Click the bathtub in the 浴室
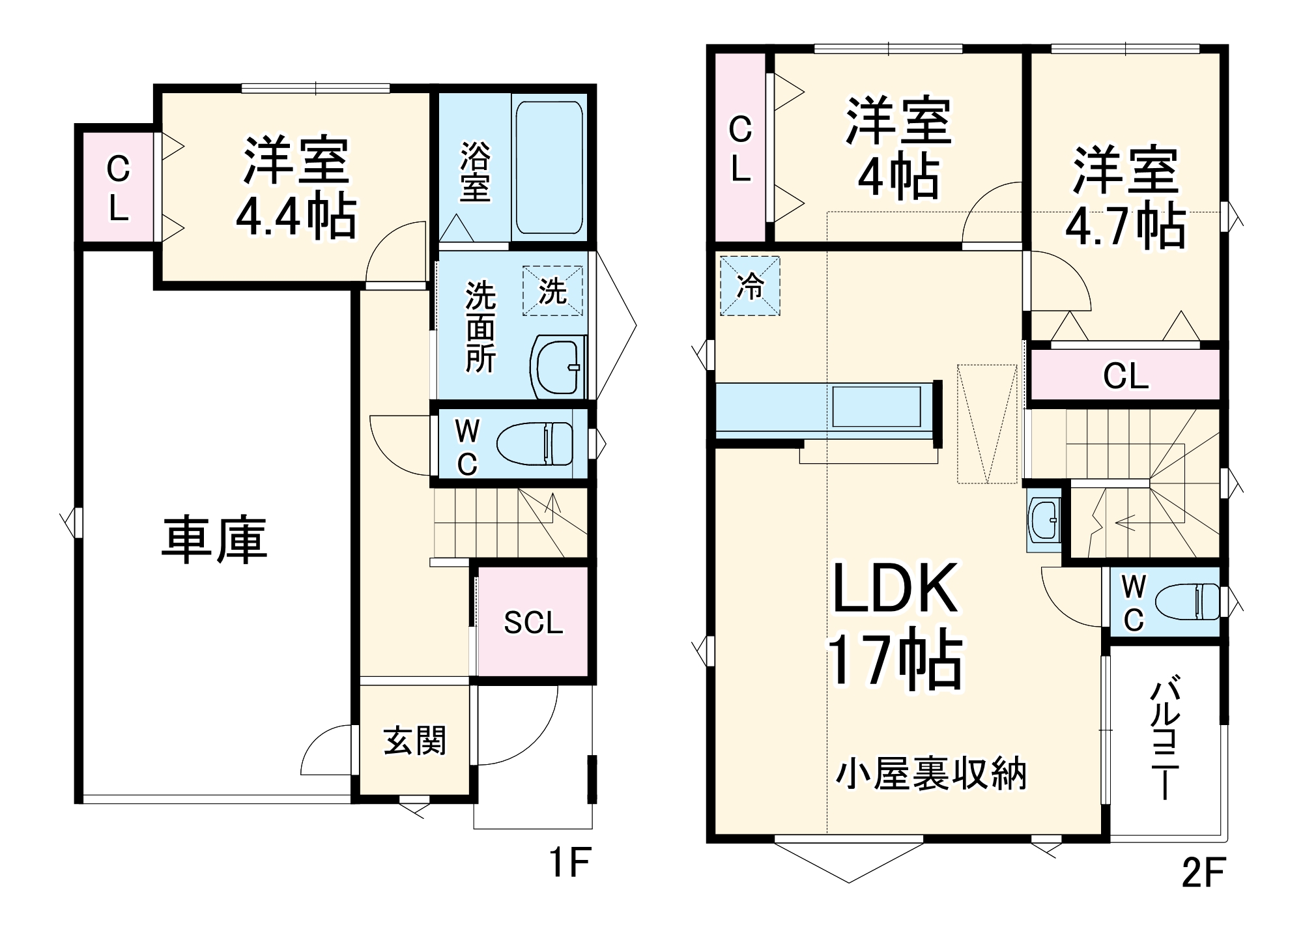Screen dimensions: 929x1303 point(549,167)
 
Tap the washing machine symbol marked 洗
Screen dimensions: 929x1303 point(552,291)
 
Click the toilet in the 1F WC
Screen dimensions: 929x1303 point(534,444)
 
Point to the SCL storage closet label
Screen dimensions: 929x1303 point(533,623)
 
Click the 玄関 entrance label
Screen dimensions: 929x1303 point(414,741)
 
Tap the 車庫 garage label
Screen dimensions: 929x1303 point(214,540)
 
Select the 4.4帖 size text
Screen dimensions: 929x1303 point(296,216)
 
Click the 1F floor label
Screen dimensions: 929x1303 point(569,863)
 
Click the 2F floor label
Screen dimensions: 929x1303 point(1203,872)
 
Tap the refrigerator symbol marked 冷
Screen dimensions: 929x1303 point(750,286)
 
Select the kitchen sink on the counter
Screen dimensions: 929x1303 point(876,407)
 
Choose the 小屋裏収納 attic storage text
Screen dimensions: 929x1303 point(931,775)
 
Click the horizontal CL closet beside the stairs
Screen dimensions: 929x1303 point(1125,376)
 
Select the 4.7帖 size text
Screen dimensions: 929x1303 point(1125,226)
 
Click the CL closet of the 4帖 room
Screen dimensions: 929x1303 point(740,149)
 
